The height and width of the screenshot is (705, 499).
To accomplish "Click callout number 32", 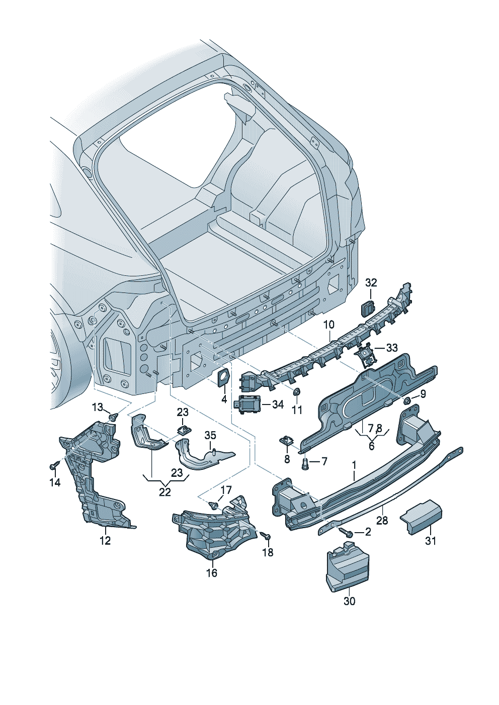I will pos(371,283).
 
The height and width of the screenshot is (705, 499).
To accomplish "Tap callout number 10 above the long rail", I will pos(328,325).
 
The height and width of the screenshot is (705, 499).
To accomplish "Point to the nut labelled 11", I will pos(297,392).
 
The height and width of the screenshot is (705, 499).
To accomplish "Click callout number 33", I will pos(391,348).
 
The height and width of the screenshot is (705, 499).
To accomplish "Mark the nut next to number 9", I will pos(407,400).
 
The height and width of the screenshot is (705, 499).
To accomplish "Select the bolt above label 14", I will pos(53,467).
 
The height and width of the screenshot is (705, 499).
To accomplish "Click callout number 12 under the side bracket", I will pos(105,541).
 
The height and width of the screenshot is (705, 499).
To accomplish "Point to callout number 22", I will pos(165,492).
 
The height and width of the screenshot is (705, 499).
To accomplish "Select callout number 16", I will pos(212,573).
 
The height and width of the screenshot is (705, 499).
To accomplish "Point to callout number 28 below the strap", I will pos(382,520).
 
